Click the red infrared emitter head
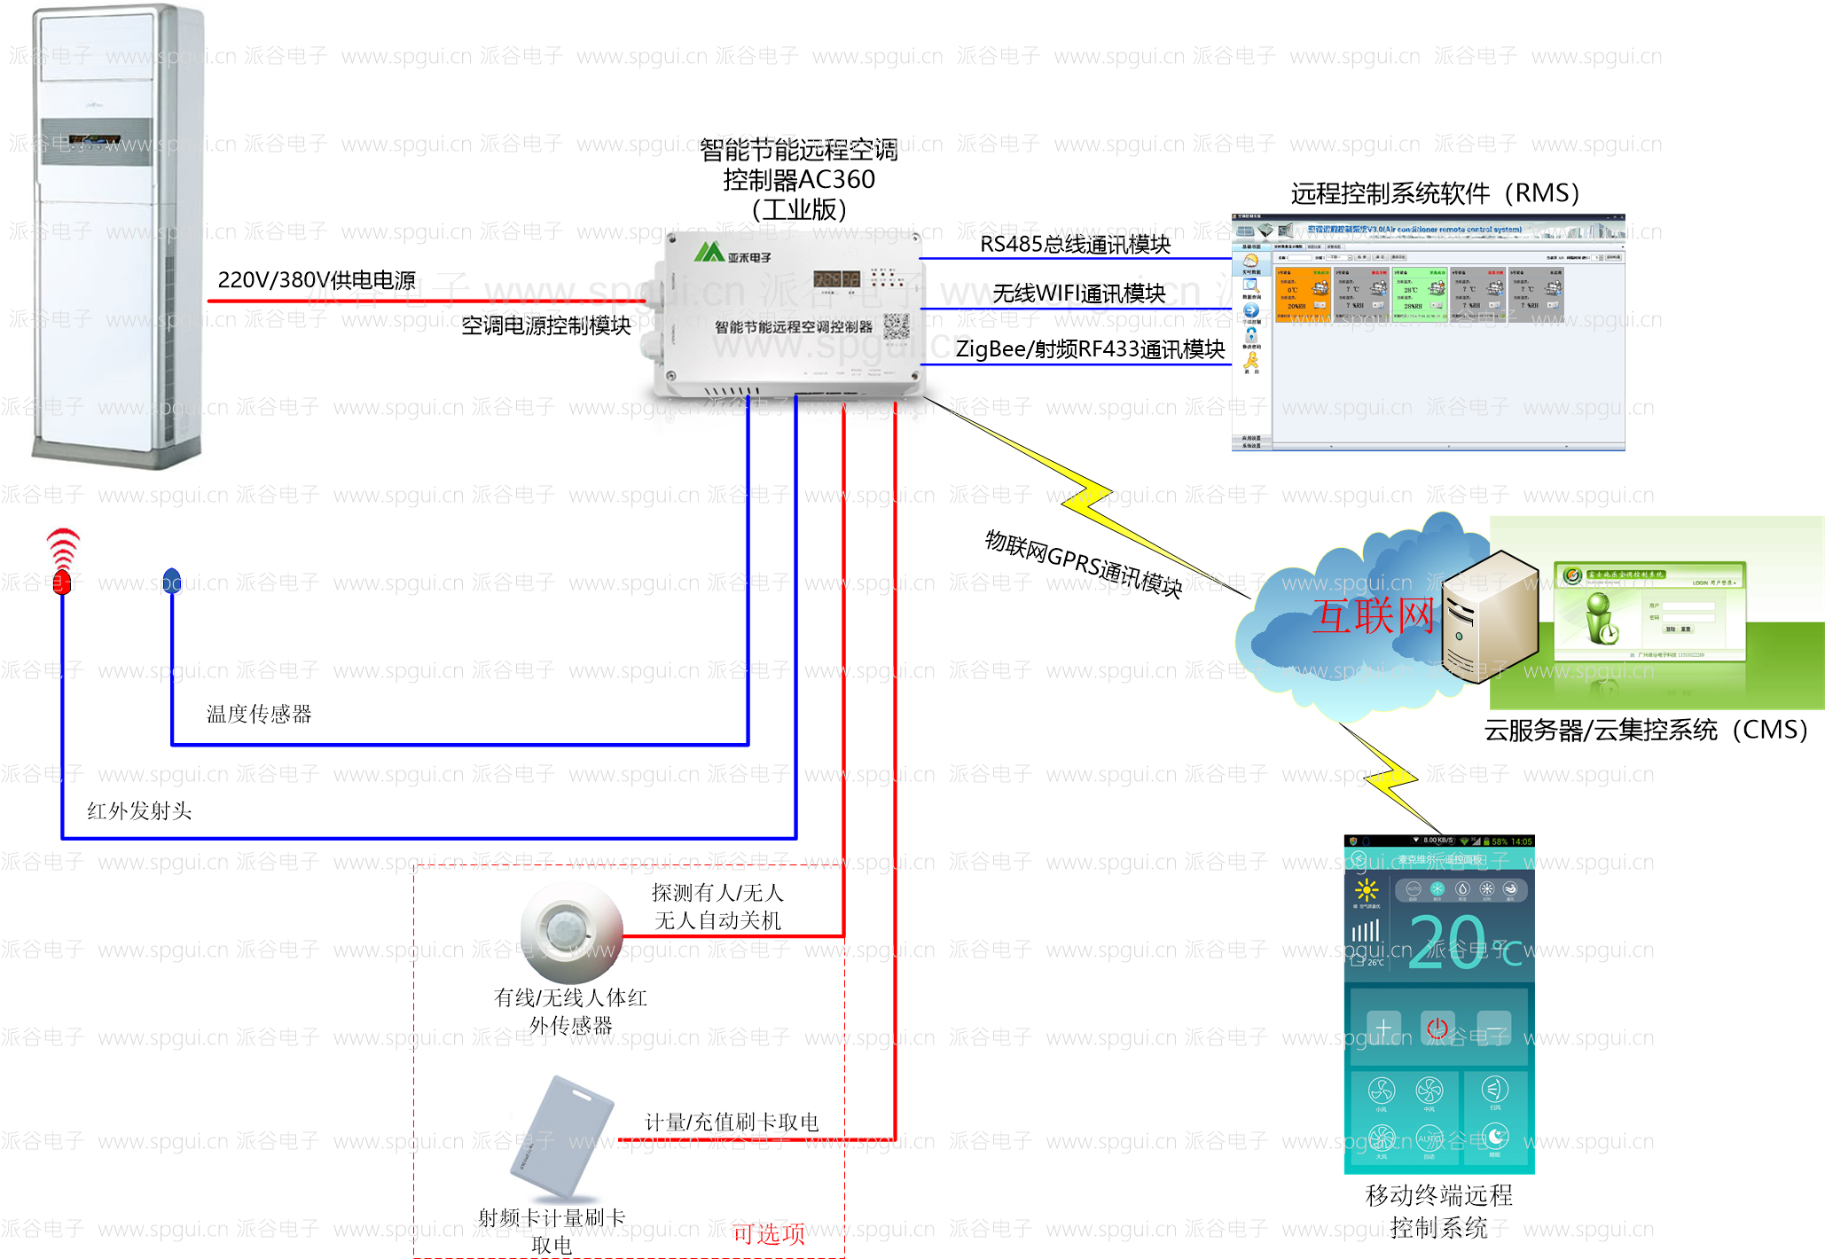62,581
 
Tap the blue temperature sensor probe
172,580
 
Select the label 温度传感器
259,714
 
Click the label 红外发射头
139,810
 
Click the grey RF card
562,1137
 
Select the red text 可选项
768,1233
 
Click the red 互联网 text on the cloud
1373,615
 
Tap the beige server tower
1489,615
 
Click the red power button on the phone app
1437,1028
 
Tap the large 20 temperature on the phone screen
1446,941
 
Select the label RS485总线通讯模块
1075,244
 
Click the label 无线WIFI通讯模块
1078,293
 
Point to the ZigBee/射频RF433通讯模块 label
1090,348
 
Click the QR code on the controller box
896,326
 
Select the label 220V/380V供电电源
317,280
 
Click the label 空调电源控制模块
546,325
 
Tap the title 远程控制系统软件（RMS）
1435,193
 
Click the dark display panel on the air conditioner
96,142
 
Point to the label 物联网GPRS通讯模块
1084,564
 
